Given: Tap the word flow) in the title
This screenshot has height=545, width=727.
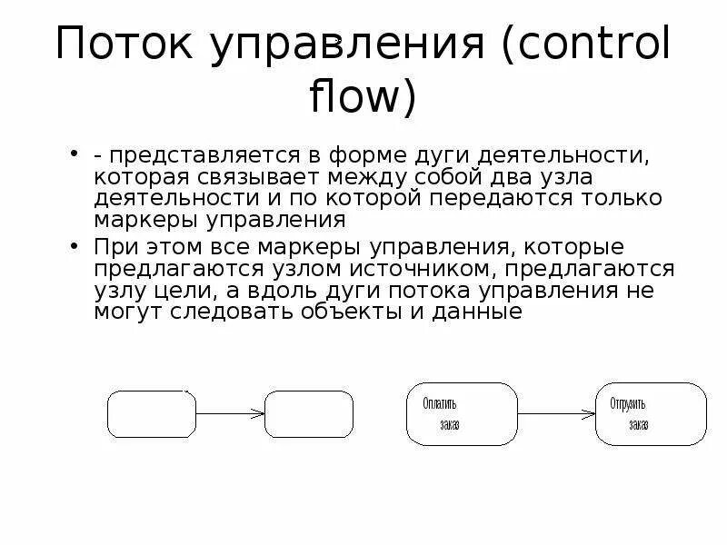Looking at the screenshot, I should coord(363,98).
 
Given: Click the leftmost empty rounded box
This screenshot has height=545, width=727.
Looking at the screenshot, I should coord(152,414).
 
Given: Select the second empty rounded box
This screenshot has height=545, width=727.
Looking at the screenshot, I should coord(309,414).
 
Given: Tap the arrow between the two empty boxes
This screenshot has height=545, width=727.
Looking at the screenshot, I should coord(230,414).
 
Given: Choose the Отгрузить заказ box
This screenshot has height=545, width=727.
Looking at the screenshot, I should coord(651,413).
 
